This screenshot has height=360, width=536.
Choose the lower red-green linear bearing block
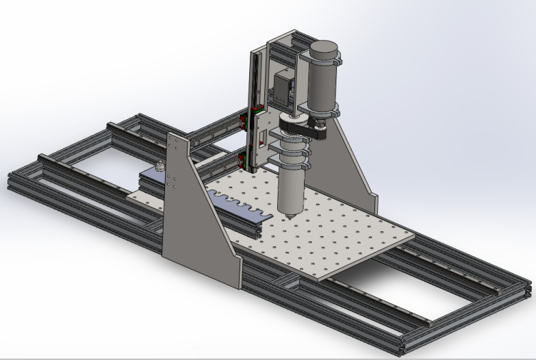(x=242, y=161)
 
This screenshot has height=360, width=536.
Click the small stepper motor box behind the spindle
(x=283, y=89)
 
